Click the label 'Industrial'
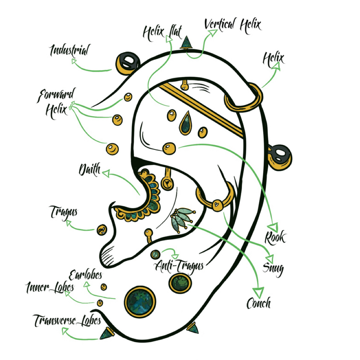tap(69, 50)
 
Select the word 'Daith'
tap(90, 170)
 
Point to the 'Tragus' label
tap(64, 212)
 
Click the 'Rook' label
tap(275, 237)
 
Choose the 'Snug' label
tap(273, 268)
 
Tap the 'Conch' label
tap(258, 303)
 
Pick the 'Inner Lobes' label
tap(50, 287)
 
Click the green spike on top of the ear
tap(186, 42)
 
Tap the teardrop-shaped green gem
tap(185, 123)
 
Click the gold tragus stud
tap(102, 230)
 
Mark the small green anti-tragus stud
tap(156, 255)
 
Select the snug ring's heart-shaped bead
tap(217, 204)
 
